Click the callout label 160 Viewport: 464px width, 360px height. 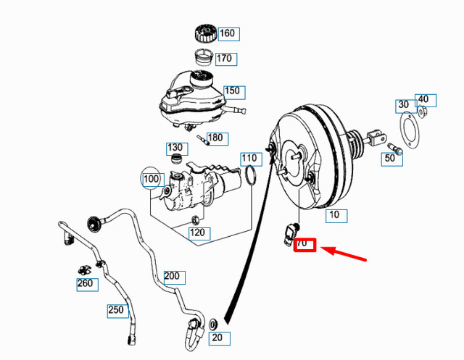pyautogui.click(x=228, y=33)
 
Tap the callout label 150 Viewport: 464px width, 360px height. pyautogui.click(x=232, y=91)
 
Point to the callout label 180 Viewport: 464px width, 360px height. pyautogui.click(x=216, y=138)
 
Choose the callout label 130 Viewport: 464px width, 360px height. pyautogui.click(x=175, y=148)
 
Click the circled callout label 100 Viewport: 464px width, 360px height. pyautogui.click(x=152, y=179)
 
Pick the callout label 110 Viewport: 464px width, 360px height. pyautogui.click(x=249, y=158)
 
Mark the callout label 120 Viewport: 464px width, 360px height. pyautogui.click(x=198, y=233)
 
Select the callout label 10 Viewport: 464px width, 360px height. pyautogui.click(x=335, y=215)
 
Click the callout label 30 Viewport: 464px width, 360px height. pyautogui.click(x=403, y=105)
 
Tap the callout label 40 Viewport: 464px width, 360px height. pyautogui.click(x=424, y=99)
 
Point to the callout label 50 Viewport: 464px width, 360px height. pyautogui.click(x=391, y=158)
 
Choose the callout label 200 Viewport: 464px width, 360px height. pyautogui.click(x=173, y=276)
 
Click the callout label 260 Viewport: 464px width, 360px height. pyautogui.click(x=86, y=283)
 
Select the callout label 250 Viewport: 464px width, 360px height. pyautogui.click(x=117, y=310)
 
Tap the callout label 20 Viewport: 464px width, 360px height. pyautogui.click(x=218, y=338)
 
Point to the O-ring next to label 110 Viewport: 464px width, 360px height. pyautogui.click(x=251, y=176)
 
